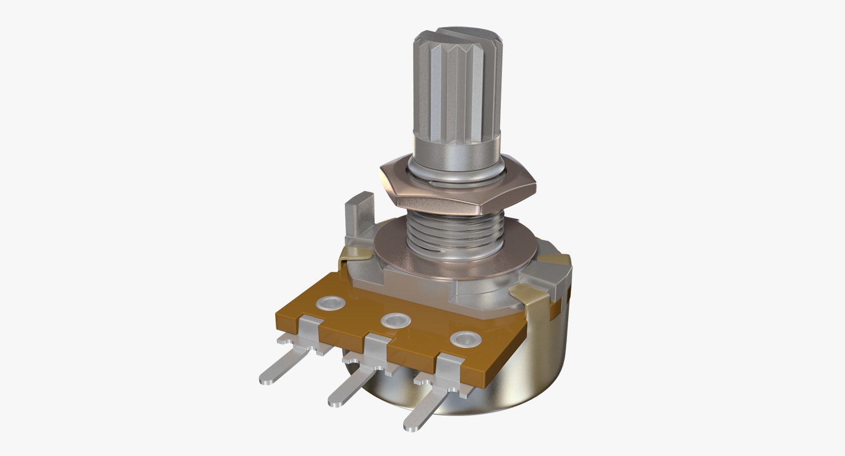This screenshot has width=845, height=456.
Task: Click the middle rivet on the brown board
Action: (x=395, y=320)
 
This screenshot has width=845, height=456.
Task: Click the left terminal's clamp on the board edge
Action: (x=309, y=331)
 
